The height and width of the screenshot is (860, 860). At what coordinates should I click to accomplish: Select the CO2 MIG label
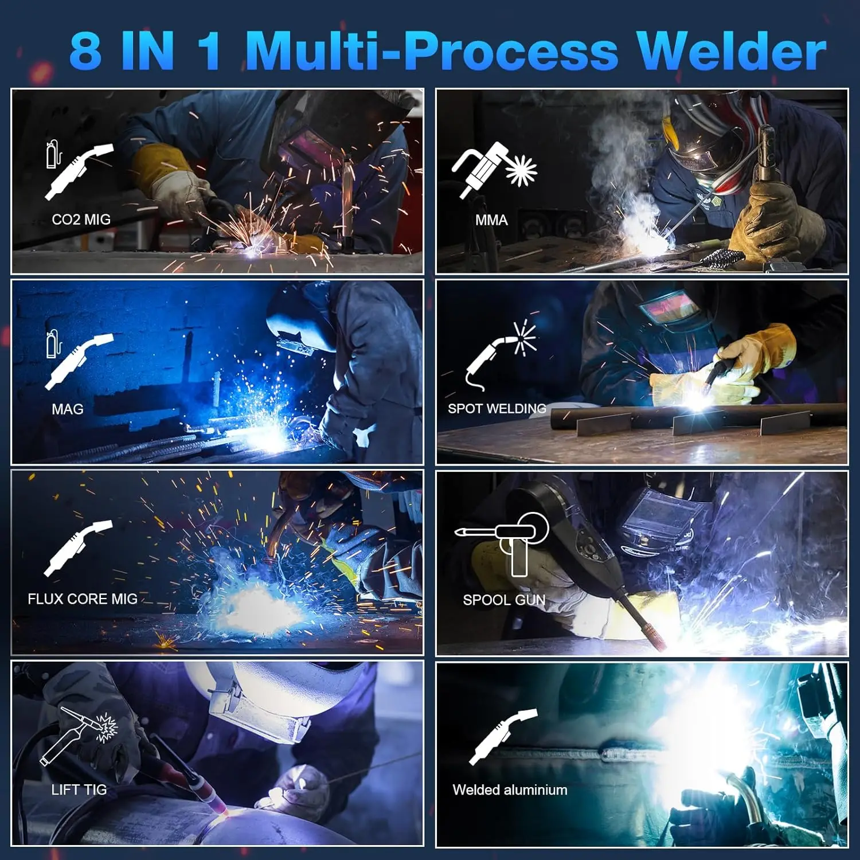pyautogui.click(x=81, y=220)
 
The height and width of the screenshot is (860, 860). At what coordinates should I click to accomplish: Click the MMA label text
pyautogui.click(x=491, y=220)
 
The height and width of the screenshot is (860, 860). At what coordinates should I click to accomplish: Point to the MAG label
pyautogui.click(x=67, y=409)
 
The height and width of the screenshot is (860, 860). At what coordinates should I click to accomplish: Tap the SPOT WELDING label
pyautogui.click(x=497, y=409)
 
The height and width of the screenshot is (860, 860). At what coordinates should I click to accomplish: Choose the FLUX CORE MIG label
pyautogui.click(x=83, y=599)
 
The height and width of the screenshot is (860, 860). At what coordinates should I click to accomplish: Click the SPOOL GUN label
pyautogui.click(x=504, y=600)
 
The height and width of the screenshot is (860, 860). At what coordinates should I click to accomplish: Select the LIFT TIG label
pyautogui.click(x=79, y=790)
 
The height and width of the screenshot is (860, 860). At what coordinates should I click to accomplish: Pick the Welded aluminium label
pyautogui.click(x=510, y=790)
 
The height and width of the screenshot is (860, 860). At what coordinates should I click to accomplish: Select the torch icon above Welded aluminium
pyautogui.click(x=502, y=737)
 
